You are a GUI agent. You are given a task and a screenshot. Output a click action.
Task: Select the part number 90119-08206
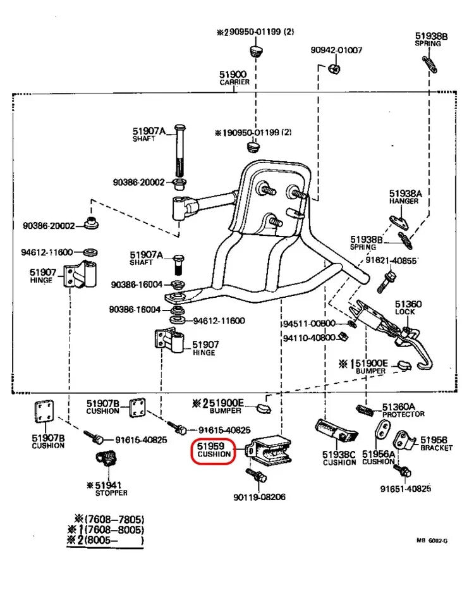click(x=260, y=497)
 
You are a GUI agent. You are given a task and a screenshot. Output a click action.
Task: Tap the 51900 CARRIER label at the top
click(x=234, y=78)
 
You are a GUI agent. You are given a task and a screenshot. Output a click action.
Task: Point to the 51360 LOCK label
click(x=408, y=308)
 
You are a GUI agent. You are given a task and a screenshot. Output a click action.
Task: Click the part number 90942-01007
click(x=336, y=50)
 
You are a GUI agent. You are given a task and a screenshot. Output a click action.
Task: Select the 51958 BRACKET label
click(x=435, y=443)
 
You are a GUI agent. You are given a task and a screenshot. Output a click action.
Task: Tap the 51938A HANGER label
click(x=404, y=197)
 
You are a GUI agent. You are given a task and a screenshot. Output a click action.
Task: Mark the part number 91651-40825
click(x=405, y=488)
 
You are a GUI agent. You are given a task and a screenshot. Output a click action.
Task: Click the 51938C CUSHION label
click(x=339, y=458)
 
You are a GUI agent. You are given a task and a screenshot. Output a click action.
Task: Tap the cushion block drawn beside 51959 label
click(x=269, y=450)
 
